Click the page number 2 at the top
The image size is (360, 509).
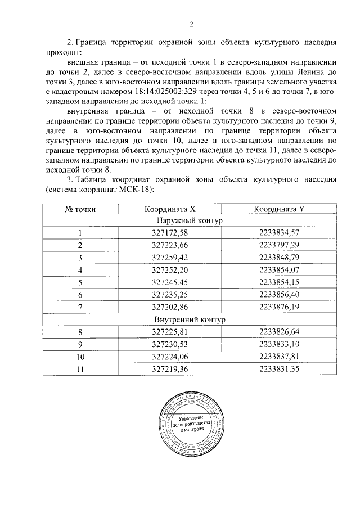click(x=191, y=24)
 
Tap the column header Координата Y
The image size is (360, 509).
click(x=279, y=209)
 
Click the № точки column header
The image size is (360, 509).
click(x=80, y=209)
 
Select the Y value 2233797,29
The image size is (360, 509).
click(x=279, y=246)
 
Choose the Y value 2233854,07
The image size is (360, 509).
click(x=279, y=270)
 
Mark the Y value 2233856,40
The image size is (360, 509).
click(x=279, y=295)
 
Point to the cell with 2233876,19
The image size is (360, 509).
click(x=279, y=307)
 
